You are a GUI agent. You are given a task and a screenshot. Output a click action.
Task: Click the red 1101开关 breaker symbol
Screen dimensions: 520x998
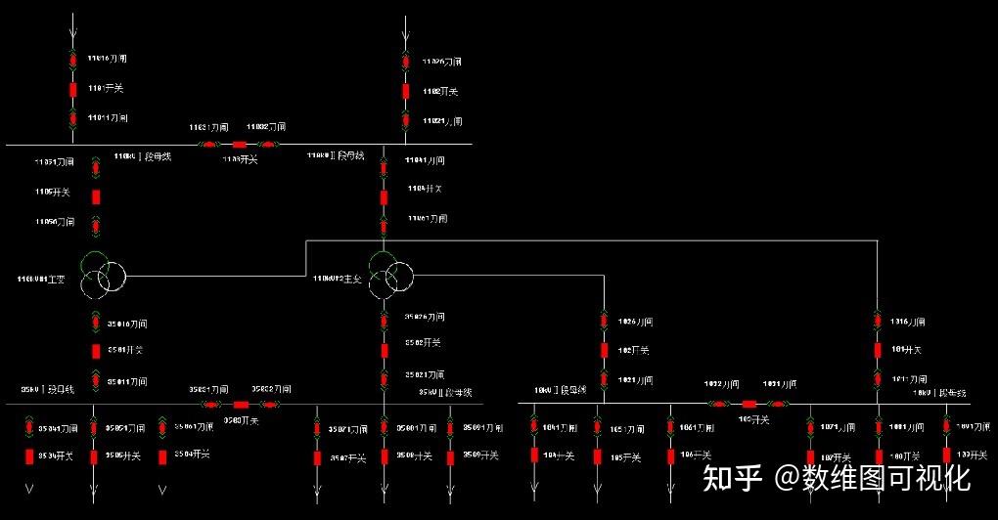point(73,90)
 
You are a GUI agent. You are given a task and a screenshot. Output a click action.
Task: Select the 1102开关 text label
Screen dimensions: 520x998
point(439,92)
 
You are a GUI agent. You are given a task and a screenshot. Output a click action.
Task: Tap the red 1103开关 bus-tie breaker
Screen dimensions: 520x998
point(240,145)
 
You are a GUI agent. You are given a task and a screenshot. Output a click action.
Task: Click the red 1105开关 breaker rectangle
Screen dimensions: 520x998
point(96,196)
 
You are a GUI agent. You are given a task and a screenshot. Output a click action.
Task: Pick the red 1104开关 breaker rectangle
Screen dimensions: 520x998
point(385,197)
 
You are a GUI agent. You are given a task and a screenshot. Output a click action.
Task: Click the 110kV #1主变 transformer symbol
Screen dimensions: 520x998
point(102,274)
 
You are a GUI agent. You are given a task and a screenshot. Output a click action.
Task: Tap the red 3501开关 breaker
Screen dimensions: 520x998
point(96,351)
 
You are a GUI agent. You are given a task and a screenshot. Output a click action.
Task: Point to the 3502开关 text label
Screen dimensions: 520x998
point(425,343)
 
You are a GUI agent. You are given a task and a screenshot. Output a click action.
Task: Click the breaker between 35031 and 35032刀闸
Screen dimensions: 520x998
point(241,404)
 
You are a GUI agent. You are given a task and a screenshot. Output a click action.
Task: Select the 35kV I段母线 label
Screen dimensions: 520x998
point(49,389)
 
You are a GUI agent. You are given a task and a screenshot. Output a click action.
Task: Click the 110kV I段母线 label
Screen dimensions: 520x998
point(143,156)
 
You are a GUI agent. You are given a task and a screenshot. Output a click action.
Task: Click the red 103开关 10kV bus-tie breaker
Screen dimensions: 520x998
point(749,403)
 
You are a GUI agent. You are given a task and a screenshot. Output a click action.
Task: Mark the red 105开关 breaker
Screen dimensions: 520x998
point(597,455)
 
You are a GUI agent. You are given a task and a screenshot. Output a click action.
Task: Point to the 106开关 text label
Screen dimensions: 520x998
point(694,455)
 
